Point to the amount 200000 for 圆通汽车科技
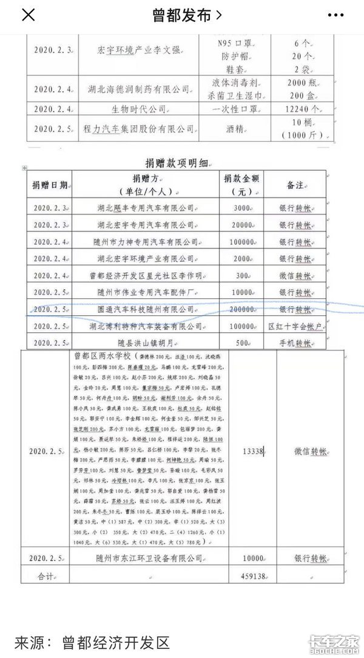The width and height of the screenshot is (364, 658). (x=242, y=309)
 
